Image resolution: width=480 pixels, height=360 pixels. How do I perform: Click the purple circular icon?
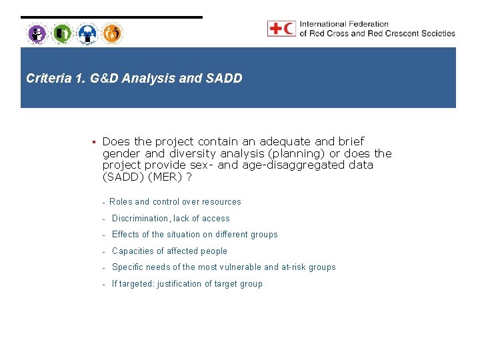tap(37, 33)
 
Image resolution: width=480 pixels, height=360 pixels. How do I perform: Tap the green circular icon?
tap(62, 33)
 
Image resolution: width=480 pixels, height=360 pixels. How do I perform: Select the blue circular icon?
tap(87, 33)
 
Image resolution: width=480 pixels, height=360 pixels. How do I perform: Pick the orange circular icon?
tap(112, 33)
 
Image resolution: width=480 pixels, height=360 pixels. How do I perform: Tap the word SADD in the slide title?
tap(227, 79)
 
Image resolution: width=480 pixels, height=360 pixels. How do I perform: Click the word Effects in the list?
tap(125, 235)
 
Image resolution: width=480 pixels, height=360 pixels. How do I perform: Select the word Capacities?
tap(133, 251)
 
